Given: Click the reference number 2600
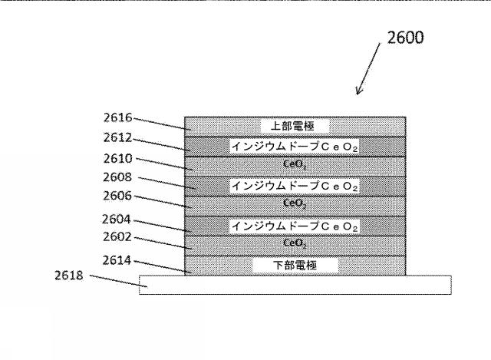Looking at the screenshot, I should pos(404,38).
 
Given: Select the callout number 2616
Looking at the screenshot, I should pos(118,118).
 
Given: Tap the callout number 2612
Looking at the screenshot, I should pos(118,138).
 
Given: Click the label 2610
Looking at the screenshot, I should pos(118,159).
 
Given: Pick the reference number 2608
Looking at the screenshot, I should pos(118,177).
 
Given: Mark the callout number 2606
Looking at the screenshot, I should pos(118,196).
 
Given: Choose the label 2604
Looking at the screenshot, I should pos(118,219).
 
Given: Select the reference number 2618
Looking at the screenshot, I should pos(69,272).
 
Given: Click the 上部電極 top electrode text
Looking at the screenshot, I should pos(295,126).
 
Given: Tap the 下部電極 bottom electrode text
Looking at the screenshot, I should pos(295,266).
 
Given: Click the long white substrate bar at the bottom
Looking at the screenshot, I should pos(295,285).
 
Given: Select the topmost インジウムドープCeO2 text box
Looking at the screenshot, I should pos(295,146).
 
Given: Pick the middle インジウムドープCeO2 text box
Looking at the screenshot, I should pos(295,186).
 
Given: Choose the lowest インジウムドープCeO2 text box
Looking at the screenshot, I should pos(295,226).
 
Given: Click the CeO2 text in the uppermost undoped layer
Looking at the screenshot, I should pos(295,165).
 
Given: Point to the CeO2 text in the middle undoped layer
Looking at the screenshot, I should pos(295,204).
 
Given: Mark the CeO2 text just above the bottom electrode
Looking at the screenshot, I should pos(295,244).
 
